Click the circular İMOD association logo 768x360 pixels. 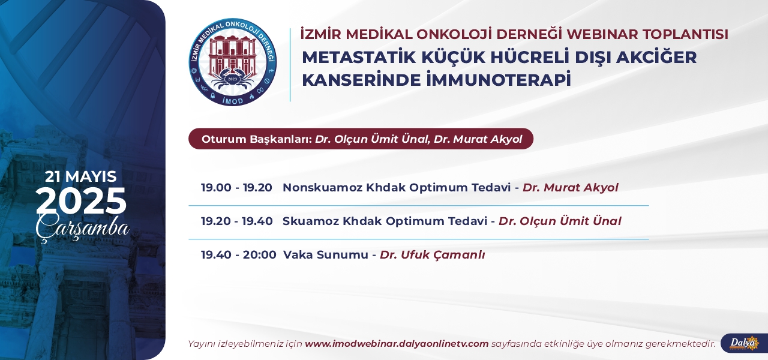pos(233,62)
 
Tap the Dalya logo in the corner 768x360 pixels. pos(745,343)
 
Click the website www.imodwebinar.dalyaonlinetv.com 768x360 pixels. pos(397,344)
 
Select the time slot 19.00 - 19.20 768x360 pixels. pos(236,188)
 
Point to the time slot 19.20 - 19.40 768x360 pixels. pos(236,221)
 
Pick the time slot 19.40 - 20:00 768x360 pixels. pos(239,255)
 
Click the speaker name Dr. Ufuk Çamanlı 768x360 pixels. pos(433,255)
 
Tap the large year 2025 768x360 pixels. pos(81,201)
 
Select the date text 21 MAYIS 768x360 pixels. pos(81,176)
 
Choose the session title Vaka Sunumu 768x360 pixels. pos(326,255)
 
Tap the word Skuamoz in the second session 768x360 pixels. pos(311,221)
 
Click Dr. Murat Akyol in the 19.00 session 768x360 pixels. pos(571,188)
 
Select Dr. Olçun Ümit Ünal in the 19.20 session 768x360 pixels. pos(560,221)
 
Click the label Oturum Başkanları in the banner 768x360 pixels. pos(257,139)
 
